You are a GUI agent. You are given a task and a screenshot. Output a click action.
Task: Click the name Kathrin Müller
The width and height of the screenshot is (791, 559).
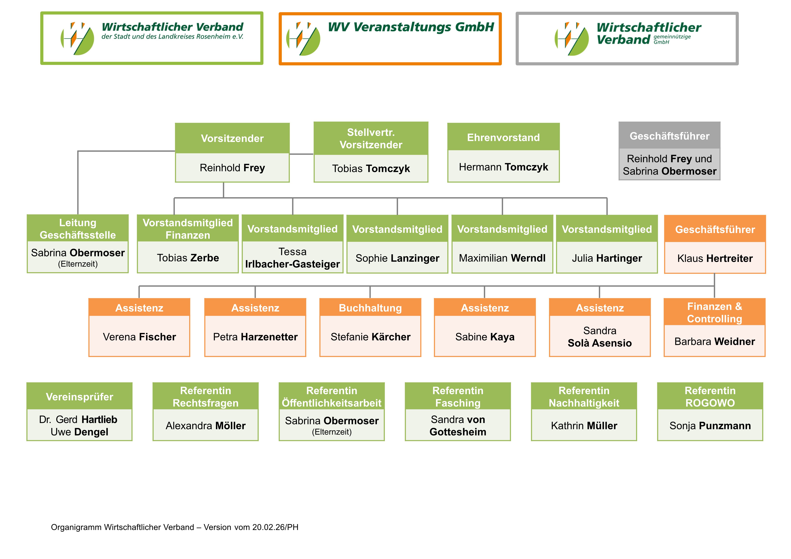point(584,426)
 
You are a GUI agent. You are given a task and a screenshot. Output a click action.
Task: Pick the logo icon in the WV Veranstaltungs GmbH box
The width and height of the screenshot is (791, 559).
point(303,39)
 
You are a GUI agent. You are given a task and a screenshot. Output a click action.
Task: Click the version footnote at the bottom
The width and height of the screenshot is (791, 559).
point(175,527)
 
